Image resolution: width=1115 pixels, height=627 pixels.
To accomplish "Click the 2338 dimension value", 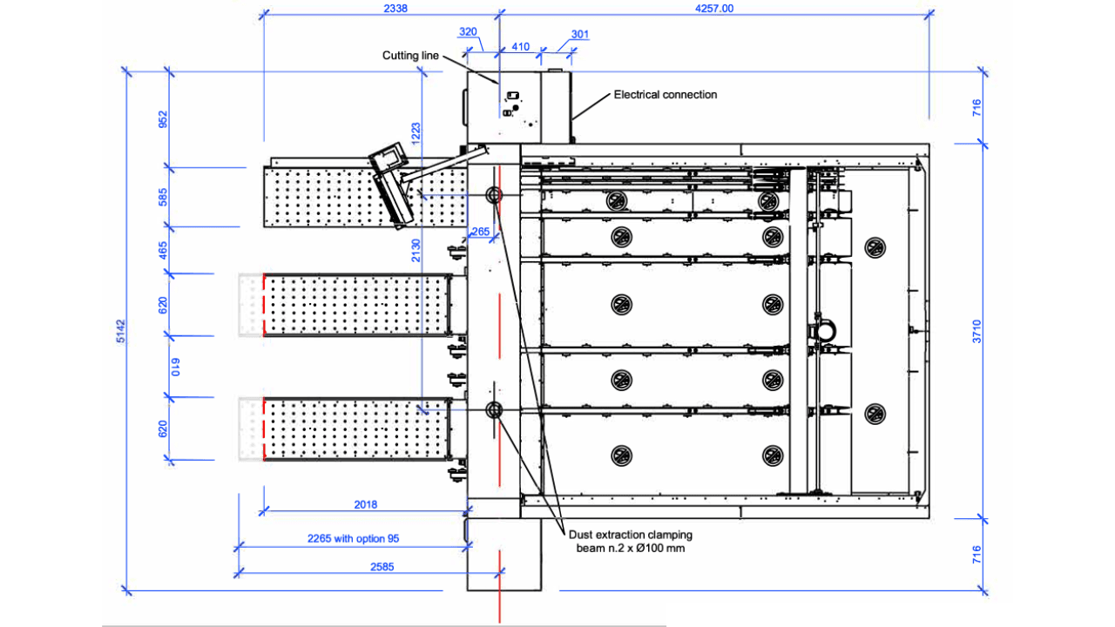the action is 395,9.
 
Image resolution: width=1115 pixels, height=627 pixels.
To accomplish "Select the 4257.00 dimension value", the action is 713,9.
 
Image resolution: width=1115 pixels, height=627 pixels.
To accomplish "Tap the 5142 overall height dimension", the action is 121,331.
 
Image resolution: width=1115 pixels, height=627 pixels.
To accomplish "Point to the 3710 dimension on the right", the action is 976,332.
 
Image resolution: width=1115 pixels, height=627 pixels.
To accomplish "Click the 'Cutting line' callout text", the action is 410,55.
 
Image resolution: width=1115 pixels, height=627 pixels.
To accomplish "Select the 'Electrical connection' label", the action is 665,95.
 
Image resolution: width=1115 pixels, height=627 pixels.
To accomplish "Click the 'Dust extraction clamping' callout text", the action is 630,535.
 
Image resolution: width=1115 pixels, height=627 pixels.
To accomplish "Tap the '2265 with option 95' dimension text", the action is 353,538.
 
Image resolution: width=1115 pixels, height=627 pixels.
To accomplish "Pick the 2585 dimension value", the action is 382,567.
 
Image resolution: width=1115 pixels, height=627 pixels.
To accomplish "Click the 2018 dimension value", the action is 365,504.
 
